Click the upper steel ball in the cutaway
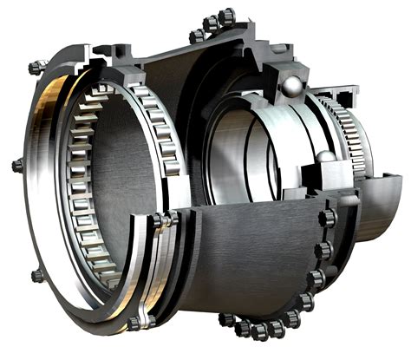[x=294, y=85]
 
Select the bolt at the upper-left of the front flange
[x=34, y=67]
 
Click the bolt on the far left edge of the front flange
[x=16, y=164]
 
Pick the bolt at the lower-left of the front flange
[x=36, y=275]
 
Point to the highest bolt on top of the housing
[x=226, y=16]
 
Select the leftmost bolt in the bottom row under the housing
[x=226, y=318]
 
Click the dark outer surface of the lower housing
[x=251, y=260]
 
